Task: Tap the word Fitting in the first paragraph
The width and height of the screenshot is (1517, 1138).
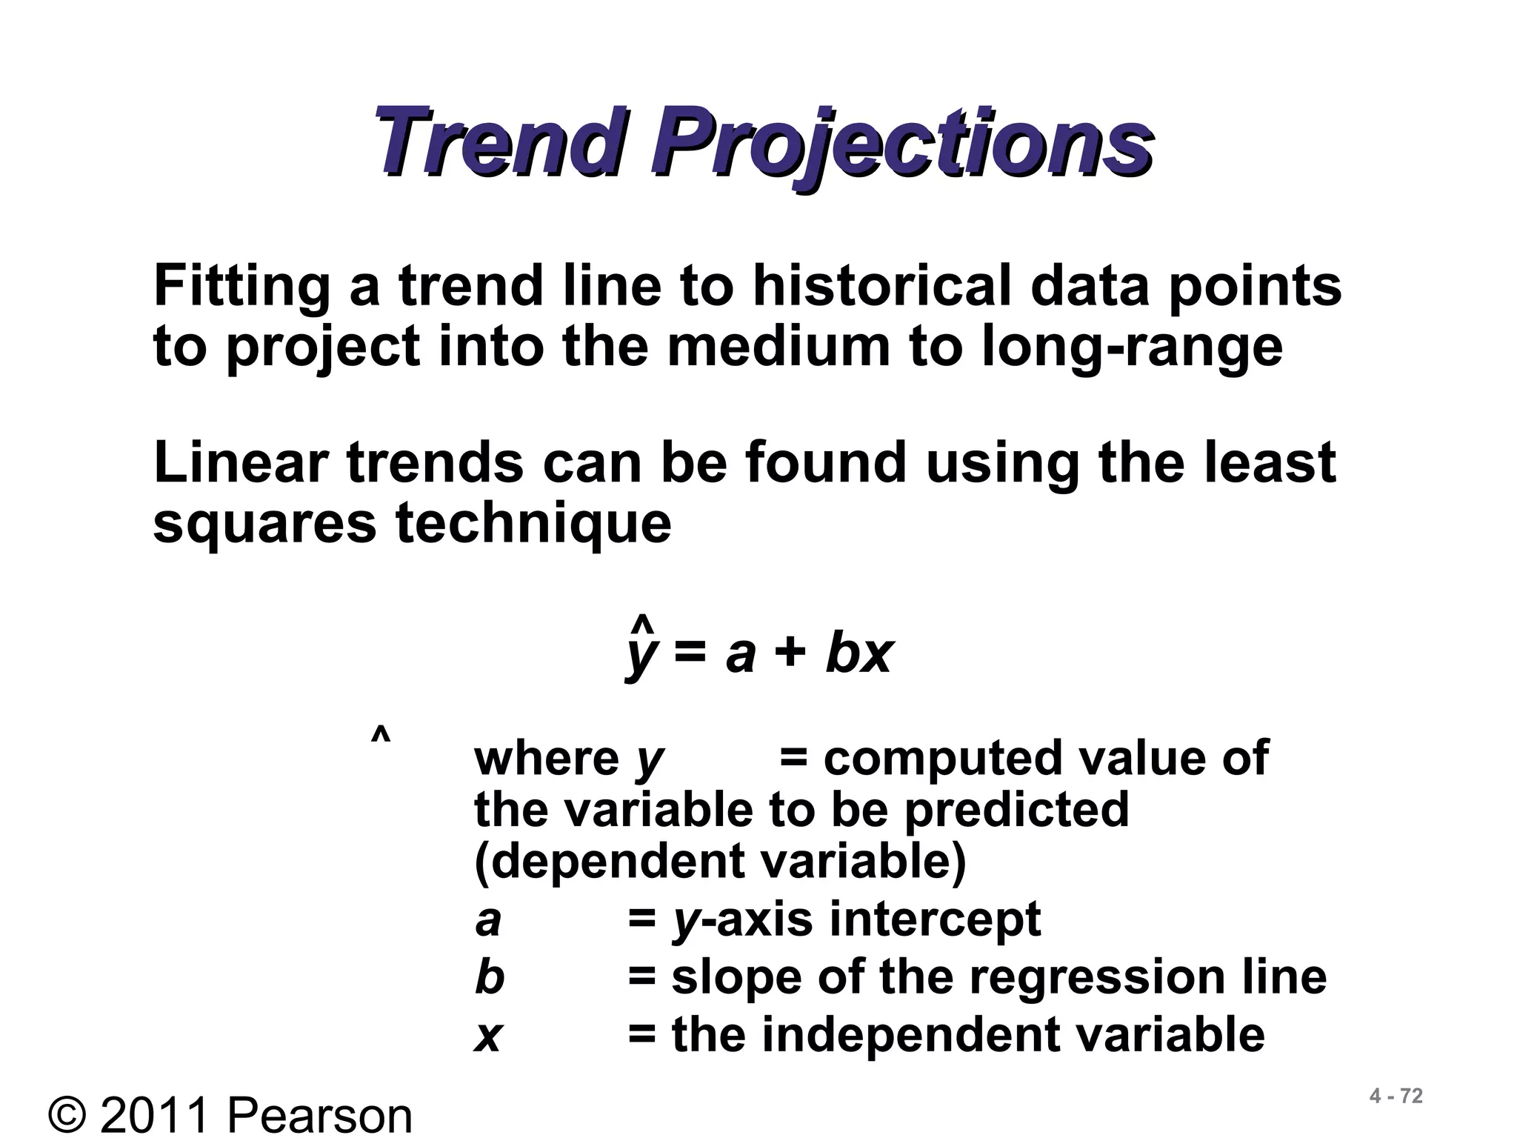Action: click(x=241, y=287)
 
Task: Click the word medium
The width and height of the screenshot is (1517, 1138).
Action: click(x=778, y=346)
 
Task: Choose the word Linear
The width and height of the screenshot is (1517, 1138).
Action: click(x=241, y=462)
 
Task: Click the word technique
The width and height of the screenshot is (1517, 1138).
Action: click(x=533, y=525)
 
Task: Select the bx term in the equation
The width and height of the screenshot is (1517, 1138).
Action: click(x=859, y=653)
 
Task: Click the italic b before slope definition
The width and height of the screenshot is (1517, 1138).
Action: click(x=490, y=976)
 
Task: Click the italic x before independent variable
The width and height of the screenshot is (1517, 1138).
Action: click(x=488, y=1036)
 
